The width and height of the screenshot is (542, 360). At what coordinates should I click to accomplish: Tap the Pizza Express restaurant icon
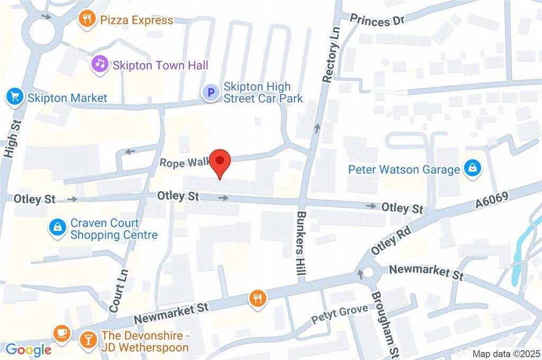pyautogui.click(x=86, y=20)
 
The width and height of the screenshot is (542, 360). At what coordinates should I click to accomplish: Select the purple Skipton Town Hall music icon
pyautogui.click(x=99, y=65)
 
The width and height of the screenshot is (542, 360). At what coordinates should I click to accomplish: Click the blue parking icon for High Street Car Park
pyautogui.click(x=210, y=93)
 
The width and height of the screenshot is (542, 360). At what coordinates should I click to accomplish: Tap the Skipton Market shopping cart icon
pyautogui.click(x=14, y=97)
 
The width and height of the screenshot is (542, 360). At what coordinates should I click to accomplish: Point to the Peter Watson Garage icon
pyautogui.click(x=471, y=169)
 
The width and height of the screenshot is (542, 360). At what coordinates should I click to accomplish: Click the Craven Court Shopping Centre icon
pyautogui.click(x=57, y=228)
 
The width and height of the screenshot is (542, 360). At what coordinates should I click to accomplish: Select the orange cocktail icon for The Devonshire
pyautogui.click(x=87, y=339)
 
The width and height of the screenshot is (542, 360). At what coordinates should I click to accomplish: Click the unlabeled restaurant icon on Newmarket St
pyautogui.click(x=258, y=298)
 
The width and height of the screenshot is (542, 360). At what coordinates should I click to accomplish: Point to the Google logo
pyautogui.click(x=28, y=349)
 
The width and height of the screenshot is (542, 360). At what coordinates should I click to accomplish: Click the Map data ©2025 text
pyautogui.click(x=506, y=354)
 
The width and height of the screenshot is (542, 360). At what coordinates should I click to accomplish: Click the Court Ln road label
pyautogui.click(x=119, y=291)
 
